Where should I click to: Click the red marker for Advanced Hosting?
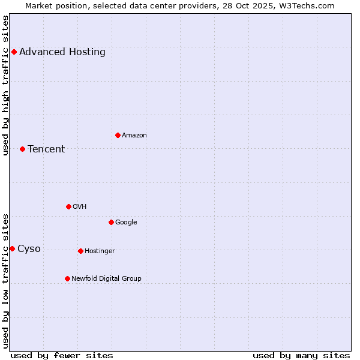tap(14, 52)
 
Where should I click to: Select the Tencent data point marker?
tap(22, 149)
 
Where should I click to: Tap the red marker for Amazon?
tap(118, 135)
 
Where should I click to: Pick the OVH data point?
tap(68, 206)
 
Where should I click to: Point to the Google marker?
tap(111, 222)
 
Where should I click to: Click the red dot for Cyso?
tap(12, 248)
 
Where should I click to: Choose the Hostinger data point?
tap(80, 251)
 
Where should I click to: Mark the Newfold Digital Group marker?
tap(67, 278)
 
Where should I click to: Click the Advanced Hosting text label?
tap(62, 52)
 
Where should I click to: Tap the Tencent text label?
tap(46, 149)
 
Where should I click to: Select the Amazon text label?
tap(134, 135)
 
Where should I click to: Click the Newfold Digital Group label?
tap(107, 278)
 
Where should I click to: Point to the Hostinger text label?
tap(100, 251)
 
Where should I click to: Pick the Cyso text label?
tap(29, 249)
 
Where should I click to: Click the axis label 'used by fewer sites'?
tap(62, 355)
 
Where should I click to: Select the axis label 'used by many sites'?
tap(301, 355)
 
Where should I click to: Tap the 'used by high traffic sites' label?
tap(5, 85)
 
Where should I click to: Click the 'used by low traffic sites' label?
tap(5, 281)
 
